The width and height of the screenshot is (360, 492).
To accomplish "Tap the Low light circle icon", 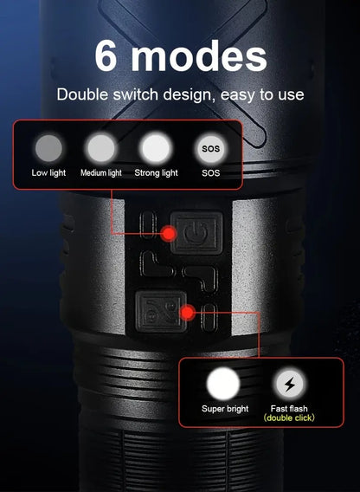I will (x=48, y=146).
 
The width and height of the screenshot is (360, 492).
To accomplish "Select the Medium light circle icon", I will (x=100, y=146).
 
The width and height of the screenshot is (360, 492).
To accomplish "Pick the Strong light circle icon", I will (x=156, y=146).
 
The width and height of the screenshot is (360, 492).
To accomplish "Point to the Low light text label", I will (x=48, y=172).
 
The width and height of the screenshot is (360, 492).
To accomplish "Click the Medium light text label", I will (x=100, y=172).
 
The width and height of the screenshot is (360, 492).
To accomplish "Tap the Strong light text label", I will (x=156, y=172).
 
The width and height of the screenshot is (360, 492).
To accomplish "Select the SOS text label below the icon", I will (x=210, y=172).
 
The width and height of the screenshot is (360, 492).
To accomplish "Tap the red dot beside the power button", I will (x=169, y=232).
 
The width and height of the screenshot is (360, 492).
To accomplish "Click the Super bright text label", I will (x=225, y=408).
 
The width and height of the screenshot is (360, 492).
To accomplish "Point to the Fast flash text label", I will (x=289, y=408).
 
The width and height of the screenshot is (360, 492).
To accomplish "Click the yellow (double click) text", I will (x=289, y=418).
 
